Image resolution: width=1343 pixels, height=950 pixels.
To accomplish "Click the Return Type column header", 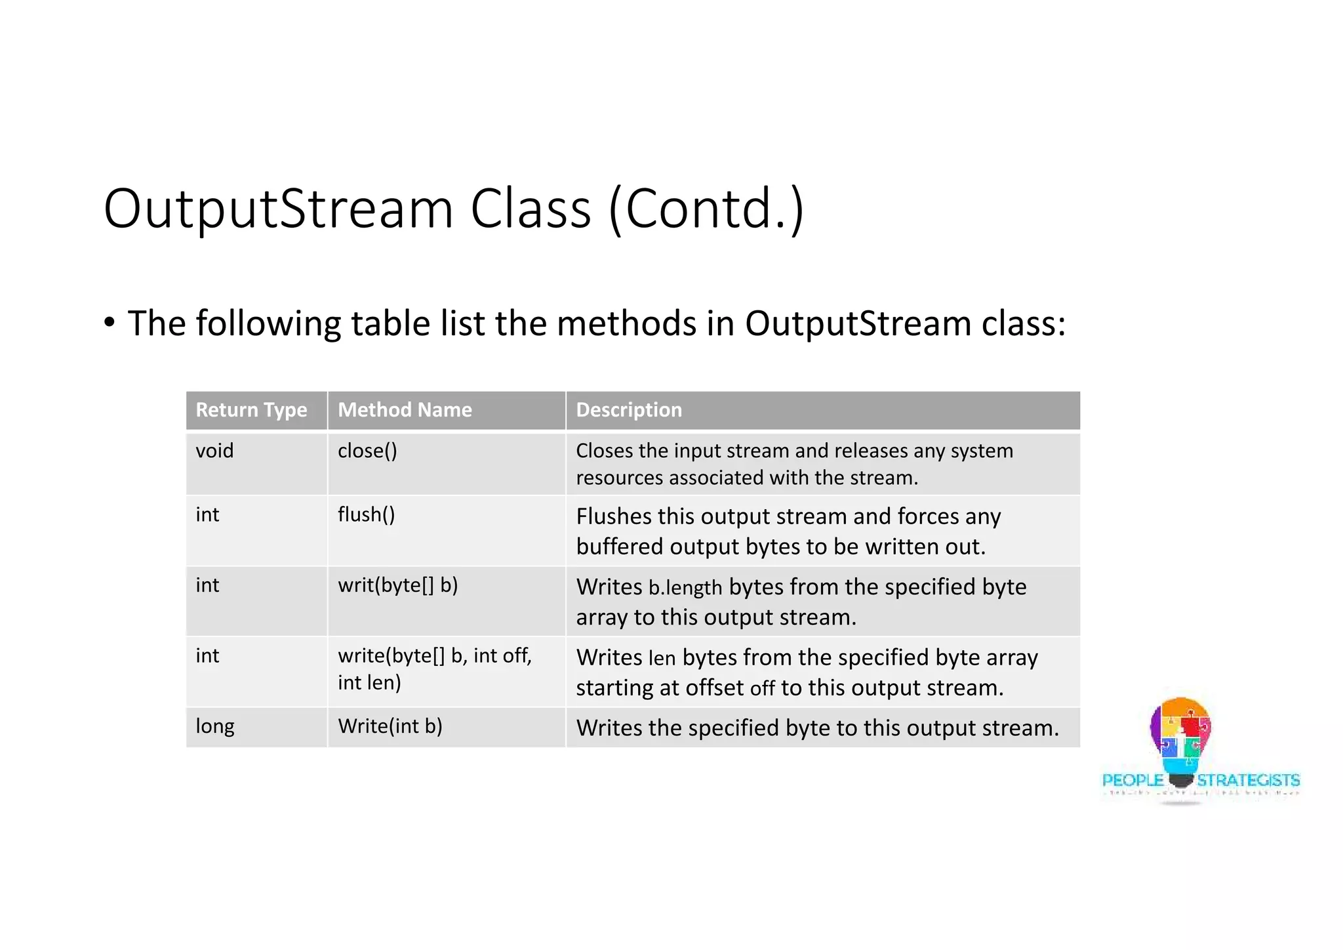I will (251, 410).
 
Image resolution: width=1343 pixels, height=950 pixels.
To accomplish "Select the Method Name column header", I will (405, 410).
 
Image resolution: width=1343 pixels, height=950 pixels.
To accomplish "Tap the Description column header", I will (629, 410).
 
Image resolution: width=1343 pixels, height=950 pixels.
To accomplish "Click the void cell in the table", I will (214, 451).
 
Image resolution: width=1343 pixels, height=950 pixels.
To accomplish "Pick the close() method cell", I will (367, 451).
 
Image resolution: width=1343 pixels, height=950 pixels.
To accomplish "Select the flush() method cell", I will (367, 514).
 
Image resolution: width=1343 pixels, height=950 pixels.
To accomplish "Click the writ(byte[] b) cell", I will (397, 585).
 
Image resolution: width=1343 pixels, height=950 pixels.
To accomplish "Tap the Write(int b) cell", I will (390, 726).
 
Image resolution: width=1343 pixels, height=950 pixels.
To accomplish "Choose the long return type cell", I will (214, 726).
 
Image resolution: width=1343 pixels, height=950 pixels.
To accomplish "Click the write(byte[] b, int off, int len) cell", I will (434, 669).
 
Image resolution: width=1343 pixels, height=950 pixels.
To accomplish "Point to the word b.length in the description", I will (685, 588).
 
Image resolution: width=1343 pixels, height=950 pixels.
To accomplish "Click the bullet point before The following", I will (110, 323).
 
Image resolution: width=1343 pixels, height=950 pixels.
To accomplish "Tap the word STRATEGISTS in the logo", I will (1248, 780).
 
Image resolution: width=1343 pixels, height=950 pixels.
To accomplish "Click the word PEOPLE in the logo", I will (1133, 780).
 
